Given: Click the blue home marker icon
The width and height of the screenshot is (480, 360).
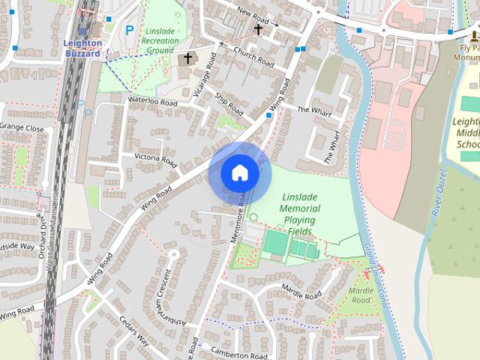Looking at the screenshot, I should pos(240,173).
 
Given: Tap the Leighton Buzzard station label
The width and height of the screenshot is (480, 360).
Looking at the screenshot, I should pos(83,49).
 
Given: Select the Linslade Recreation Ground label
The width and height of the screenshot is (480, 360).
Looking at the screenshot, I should pos(160,40).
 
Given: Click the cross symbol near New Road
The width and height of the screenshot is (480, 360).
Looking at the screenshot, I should pos(258,29).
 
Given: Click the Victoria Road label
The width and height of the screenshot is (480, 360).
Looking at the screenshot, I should pos(155,160).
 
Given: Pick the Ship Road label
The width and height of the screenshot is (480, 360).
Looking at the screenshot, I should pos(229,104).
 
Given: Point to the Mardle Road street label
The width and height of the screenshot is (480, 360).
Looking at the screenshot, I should pos(301,288).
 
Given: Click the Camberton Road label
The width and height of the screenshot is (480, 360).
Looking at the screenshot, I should pos(239,355).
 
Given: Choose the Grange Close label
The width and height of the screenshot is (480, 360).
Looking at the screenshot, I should pos(22,128).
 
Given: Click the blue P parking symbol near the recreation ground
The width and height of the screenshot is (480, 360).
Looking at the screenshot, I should pos(130,31).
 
